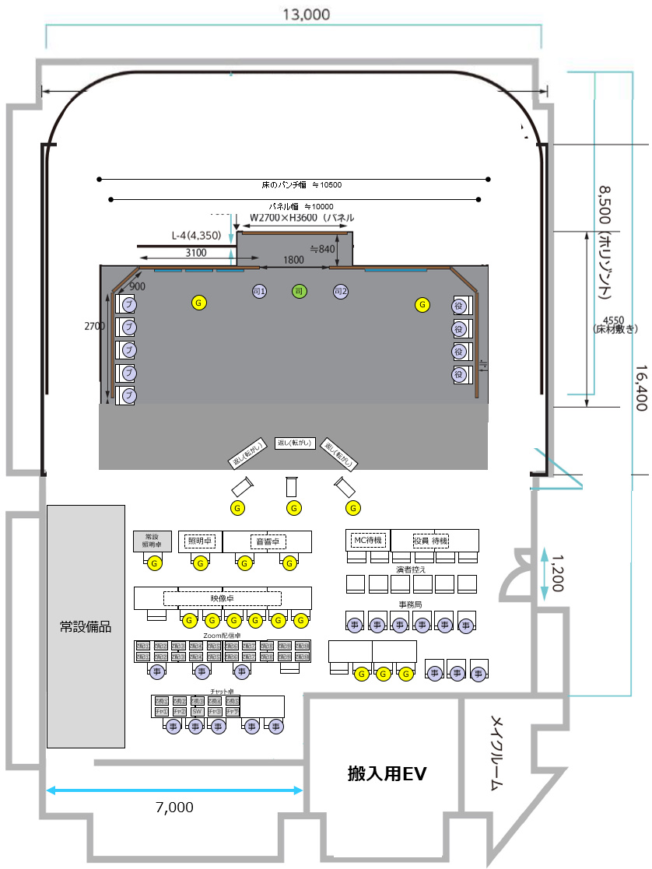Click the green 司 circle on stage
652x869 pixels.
(300, 291)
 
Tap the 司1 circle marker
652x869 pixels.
(260, 291)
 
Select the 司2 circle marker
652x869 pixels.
(340, 291)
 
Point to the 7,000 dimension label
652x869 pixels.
(174, 808)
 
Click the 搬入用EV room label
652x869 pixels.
(387, 774)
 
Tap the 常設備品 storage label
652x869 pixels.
(86, 626)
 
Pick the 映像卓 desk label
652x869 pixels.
(222, 598)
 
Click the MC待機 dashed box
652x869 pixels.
(367, 539)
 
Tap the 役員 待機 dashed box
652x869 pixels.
(431, 539)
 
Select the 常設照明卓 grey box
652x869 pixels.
(152, 541)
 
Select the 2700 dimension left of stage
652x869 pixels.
(95, 327)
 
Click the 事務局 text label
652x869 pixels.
(410, 604)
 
